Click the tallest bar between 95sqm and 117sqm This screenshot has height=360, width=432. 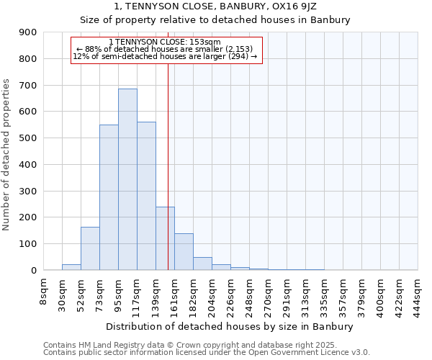[127, 179]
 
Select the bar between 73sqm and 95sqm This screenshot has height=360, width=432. [109, 197]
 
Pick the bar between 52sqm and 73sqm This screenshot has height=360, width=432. [90, 248]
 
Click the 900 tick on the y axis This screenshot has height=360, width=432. [29, 32]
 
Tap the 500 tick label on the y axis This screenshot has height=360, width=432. [29, 138]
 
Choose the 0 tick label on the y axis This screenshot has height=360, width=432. [34, 271]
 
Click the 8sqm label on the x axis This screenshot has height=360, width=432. [44, 292]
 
